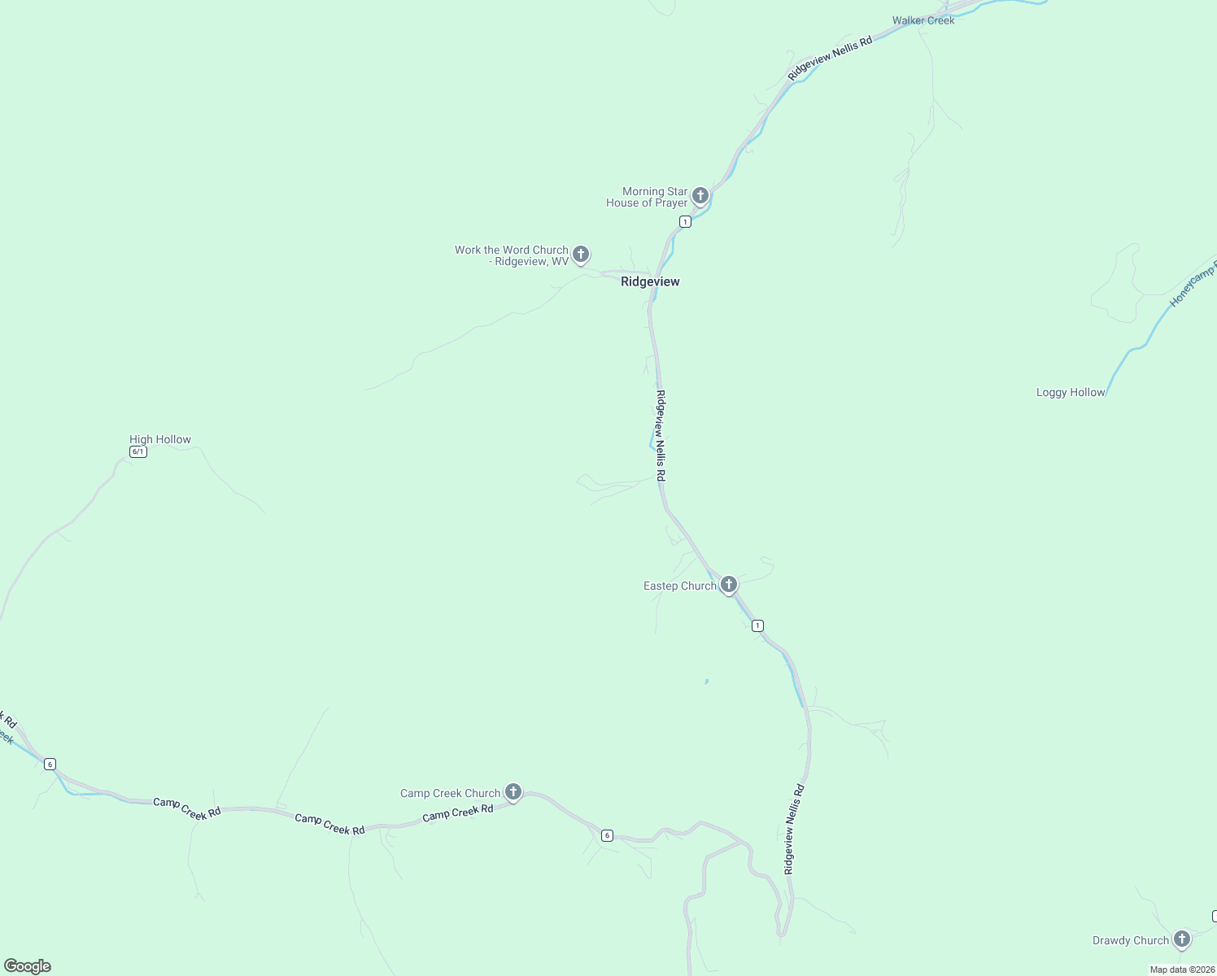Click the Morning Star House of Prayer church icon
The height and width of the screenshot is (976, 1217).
(x=700, y=195)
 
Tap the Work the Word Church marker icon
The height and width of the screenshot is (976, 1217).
(x=581, y=254)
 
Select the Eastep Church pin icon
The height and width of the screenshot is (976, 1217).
(x=729, y=584)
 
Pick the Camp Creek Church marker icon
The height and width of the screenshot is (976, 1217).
(x=513, y=791)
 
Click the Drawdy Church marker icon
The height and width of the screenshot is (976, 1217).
(x=1182, y=939)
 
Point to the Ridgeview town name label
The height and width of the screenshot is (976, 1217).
(x=650, y=282)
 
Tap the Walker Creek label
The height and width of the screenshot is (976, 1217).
(x=923, y=20)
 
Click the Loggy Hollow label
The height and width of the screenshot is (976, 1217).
(x=1071, y=393)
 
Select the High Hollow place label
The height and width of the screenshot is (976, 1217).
(x=160, y=440)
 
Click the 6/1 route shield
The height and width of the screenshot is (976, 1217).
(x=138, y=452)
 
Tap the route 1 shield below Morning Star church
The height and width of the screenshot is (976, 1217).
(x=685, y=222)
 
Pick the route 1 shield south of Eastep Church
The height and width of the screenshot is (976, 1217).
(x=757, y=625)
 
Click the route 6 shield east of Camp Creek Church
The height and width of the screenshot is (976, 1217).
(x=607, y=835)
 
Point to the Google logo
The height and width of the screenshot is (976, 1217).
(x=28, y=966)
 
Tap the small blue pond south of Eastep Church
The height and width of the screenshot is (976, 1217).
(x=706, y=682)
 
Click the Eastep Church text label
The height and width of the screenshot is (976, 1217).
(x=680, y=586)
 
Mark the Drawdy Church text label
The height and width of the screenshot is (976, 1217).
(x=1130, y=941)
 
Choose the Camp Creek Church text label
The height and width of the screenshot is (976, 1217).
(x=450, y=794)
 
